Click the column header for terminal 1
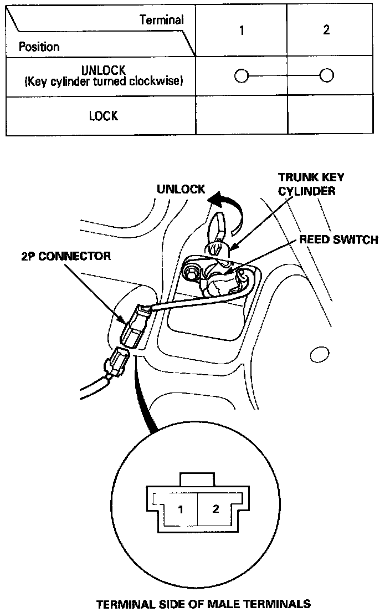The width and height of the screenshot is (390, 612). click(242, 30)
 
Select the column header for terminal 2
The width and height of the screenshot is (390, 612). click(326, 30)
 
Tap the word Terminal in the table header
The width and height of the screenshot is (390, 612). click(161, 20)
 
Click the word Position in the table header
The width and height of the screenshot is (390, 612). click(39, 47)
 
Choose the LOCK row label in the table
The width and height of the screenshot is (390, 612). click(104, 116)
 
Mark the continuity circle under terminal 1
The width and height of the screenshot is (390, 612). click(242, 75)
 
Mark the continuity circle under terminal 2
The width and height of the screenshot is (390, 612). click(326, 75)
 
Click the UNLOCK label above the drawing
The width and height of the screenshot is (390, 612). click(181, 189)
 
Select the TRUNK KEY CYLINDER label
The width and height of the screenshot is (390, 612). click(311, 184)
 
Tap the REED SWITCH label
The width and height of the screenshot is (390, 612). click(338, 239)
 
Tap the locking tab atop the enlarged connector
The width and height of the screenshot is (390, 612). click(197, 480)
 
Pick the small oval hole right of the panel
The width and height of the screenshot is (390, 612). click(320, 353)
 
